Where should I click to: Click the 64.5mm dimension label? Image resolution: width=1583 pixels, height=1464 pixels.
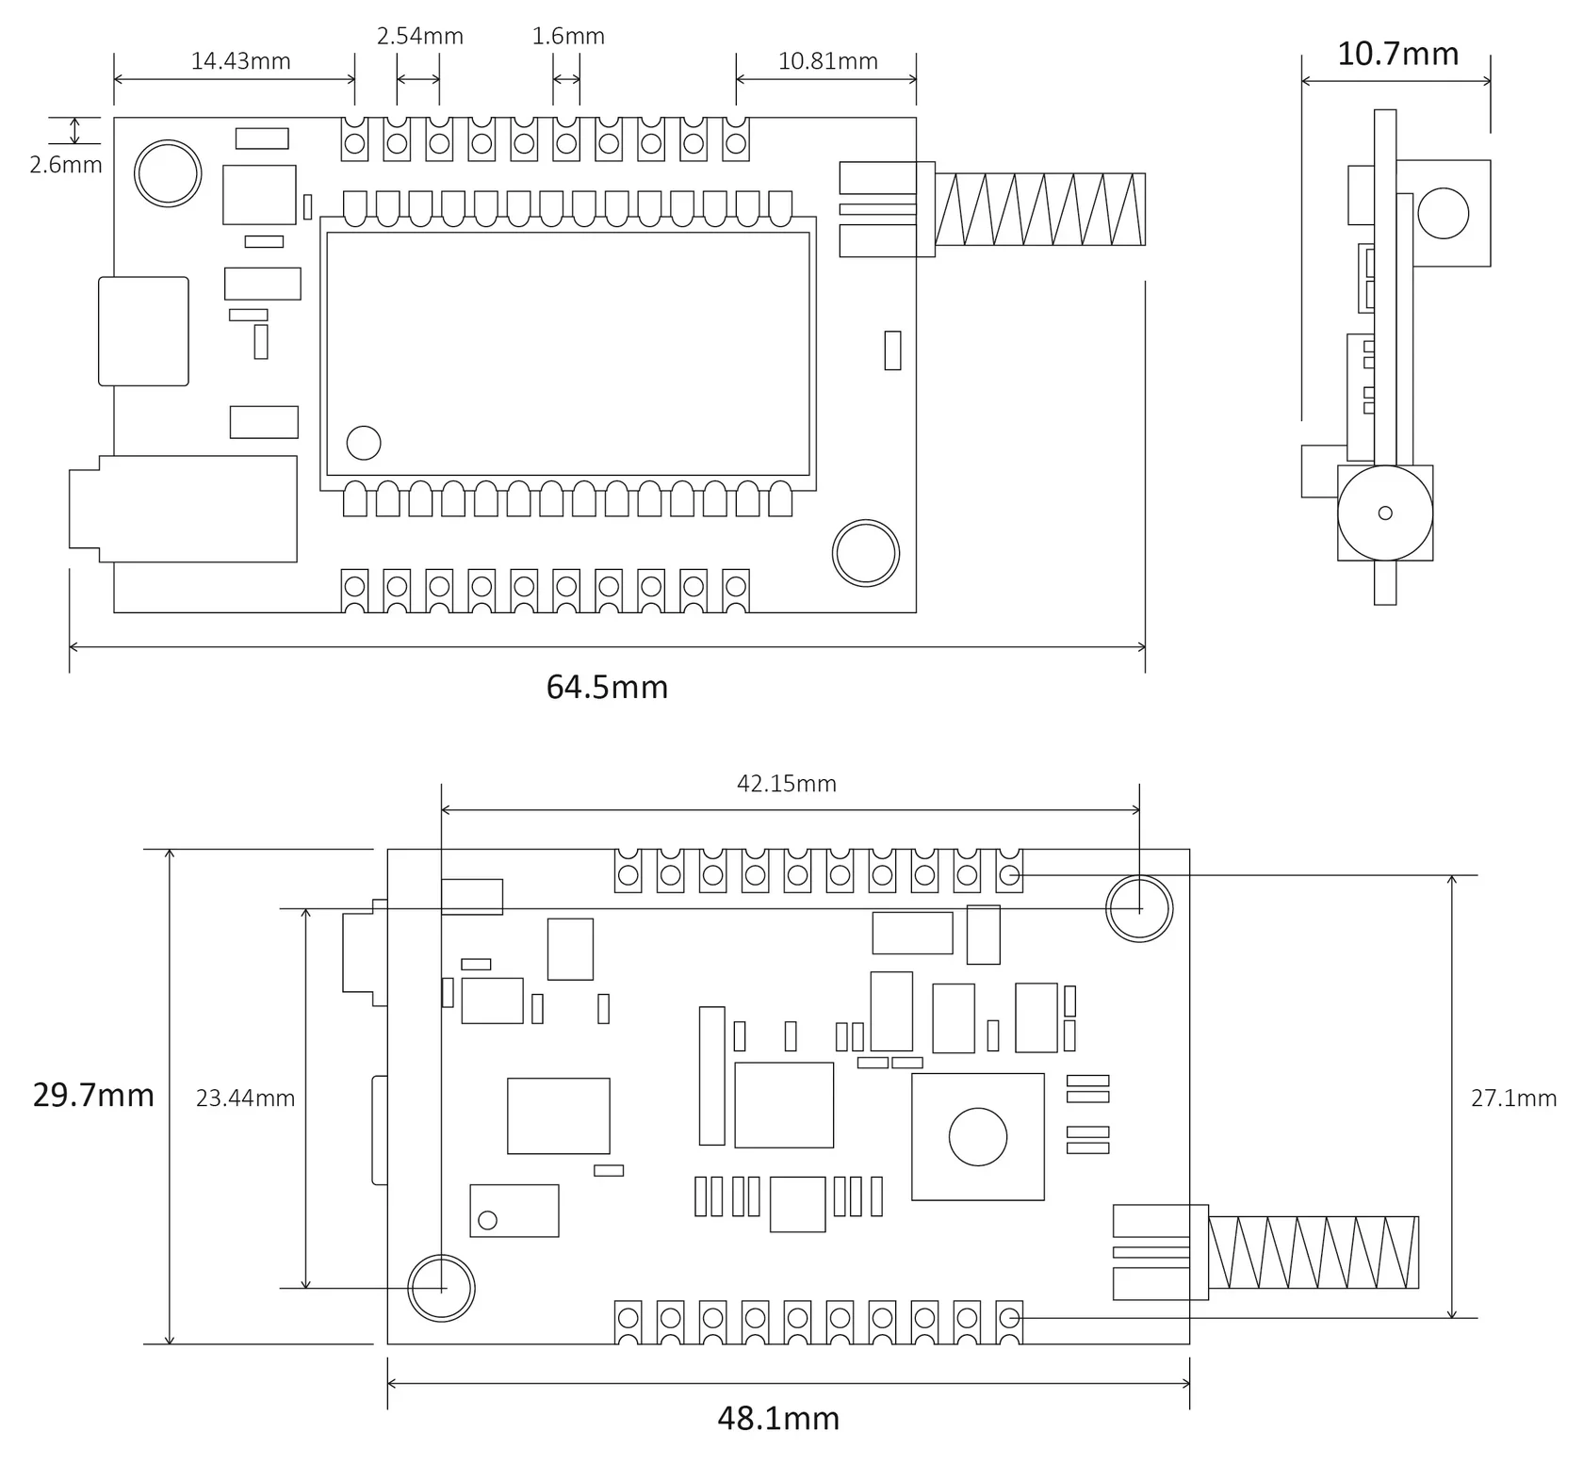607,687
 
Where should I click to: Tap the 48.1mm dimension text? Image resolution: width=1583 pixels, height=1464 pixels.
778,1418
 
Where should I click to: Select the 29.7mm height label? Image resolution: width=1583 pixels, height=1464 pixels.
93,1095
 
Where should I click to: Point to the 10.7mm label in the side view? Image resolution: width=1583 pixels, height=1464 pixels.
1398,54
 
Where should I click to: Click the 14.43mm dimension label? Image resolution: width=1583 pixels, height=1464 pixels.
240,61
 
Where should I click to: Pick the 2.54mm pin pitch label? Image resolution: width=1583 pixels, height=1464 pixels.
420,36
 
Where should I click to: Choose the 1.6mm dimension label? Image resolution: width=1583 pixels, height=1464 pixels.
568,36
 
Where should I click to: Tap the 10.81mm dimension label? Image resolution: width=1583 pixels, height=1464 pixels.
827,61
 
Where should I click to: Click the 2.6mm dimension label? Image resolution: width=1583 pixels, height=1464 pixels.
66,165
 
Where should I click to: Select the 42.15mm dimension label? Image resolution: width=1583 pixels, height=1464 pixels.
787,784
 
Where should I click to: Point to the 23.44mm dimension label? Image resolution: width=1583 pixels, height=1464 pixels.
245,1098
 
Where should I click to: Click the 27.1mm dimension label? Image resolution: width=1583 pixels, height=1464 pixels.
1513,1098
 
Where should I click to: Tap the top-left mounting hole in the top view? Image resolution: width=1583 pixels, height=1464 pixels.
168,173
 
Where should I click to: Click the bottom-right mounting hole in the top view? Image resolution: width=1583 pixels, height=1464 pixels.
866,553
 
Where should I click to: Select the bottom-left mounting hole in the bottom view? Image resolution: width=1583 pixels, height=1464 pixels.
441,1288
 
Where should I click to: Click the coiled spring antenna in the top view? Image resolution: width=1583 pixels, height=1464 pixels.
1040,209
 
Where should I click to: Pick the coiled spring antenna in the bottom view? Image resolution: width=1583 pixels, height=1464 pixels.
1314,1252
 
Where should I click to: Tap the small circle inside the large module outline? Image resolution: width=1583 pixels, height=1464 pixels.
364,443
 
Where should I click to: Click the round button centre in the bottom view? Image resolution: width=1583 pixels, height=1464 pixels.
978,1136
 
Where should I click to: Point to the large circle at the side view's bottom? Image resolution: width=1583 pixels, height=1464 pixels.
1385,513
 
